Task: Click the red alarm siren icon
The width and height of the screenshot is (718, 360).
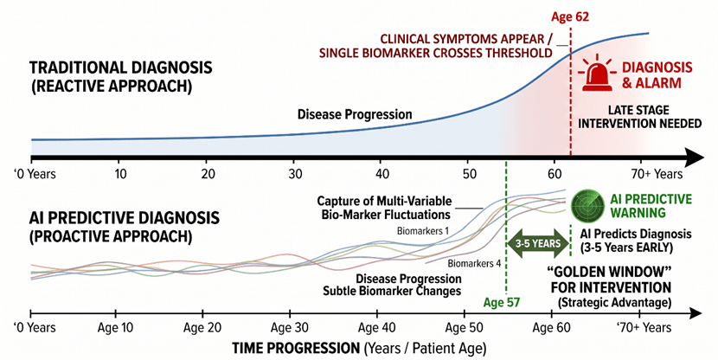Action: [598, 74]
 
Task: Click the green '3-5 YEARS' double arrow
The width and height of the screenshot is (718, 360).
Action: [537, 243]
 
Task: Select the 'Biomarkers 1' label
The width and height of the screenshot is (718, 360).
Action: [423, 231]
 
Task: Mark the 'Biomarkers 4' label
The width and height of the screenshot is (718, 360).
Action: [475, 263]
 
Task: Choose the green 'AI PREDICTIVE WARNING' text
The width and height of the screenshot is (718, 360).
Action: [651, 205]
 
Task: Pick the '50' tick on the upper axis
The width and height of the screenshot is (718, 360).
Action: [467, 172]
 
